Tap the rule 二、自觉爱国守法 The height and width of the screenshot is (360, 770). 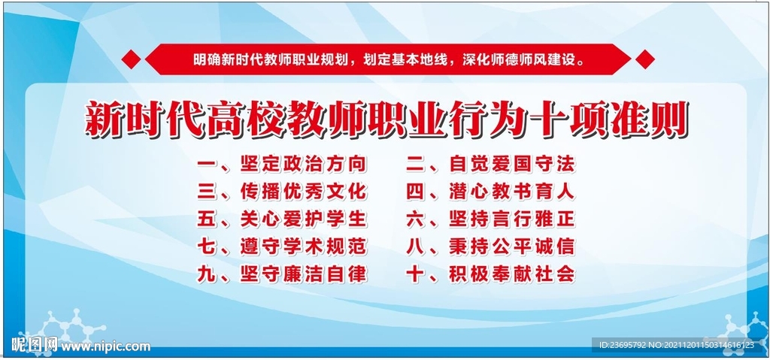click(490, 163)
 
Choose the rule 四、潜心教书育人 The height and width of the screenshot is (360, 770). click(490, 191)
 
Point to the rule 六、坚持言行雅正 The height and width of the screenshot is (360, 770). click(490, 219)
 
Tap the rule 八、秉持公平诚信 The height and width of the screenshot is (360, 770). click(490, 247)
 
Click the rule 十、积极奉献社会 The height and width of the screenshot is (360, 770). click(490, 274)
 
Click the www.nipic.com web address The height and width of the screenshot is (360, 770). click(105, 346)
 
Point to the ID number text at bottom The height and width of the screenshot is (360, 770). click(672, 346)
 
